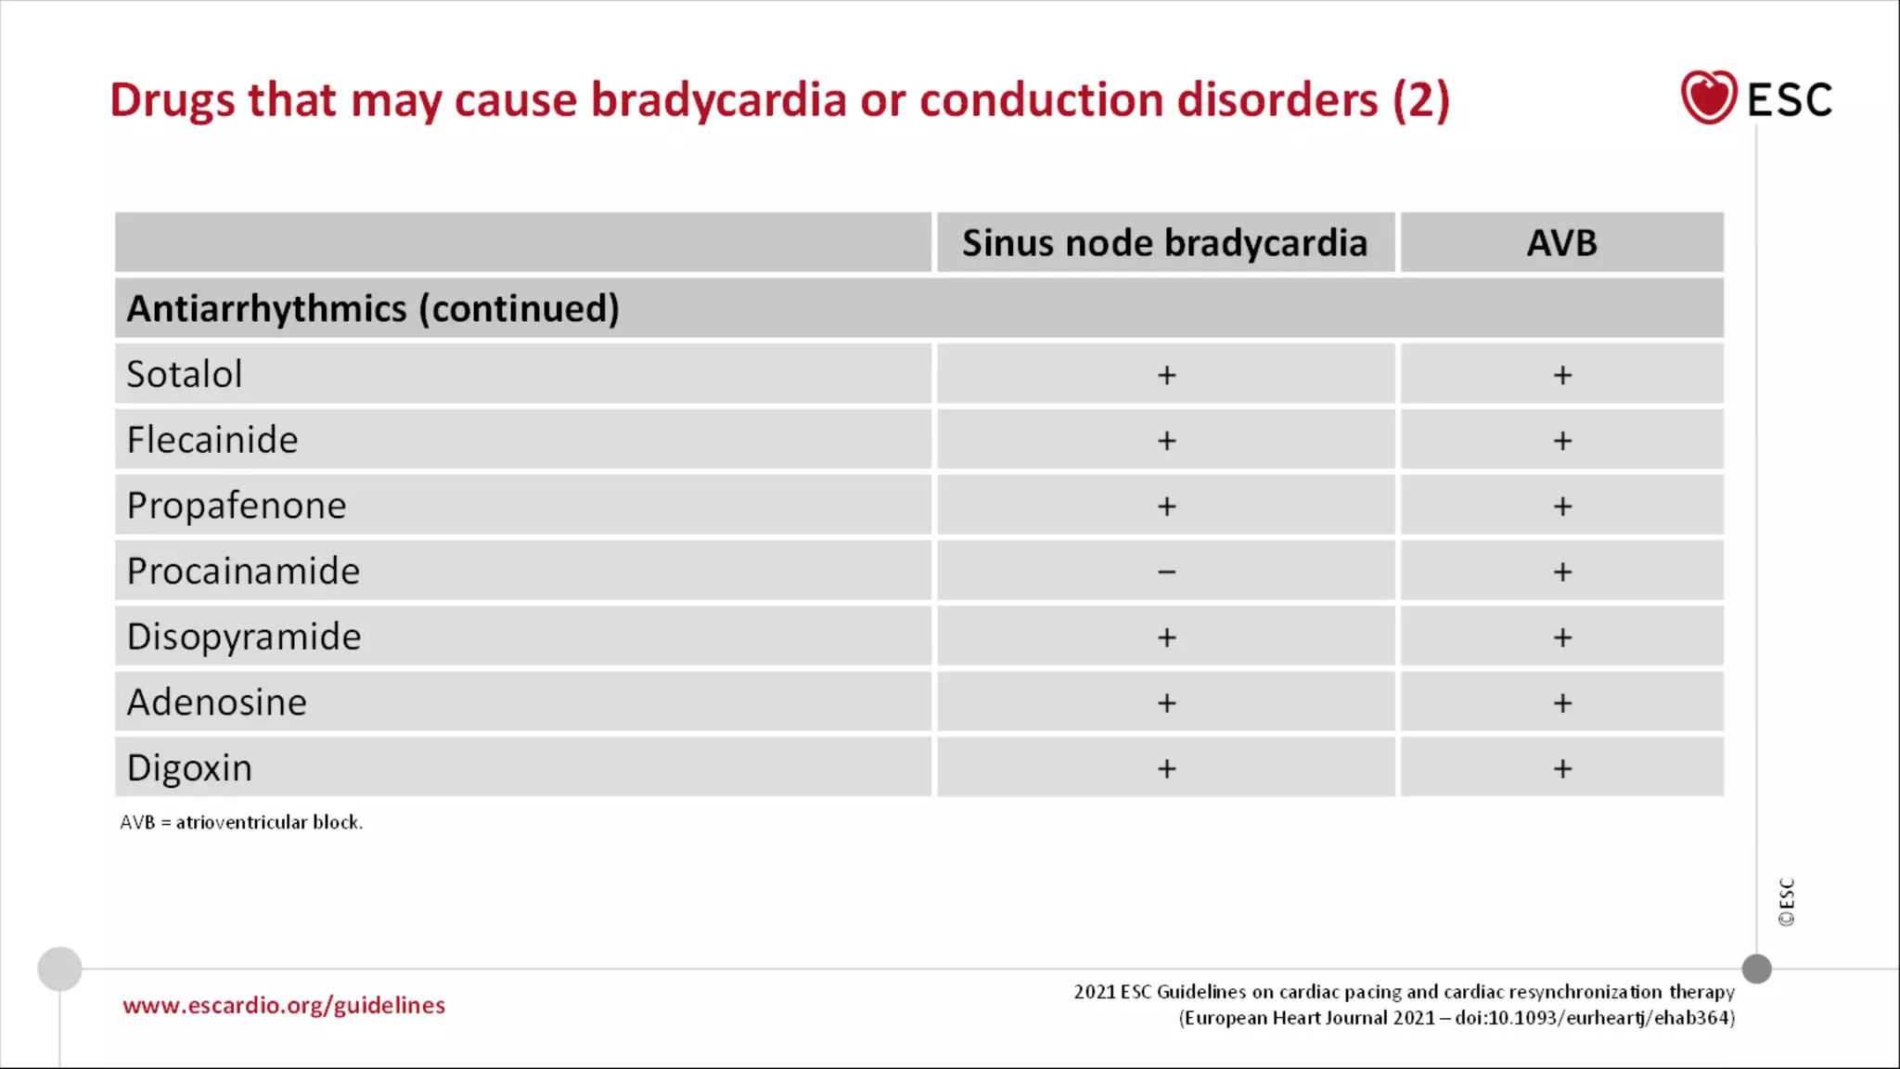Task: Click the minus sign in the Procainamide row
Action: pos(1166,572)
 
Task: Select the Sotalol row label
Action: pos(184,374)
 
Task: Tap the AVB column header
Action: pos(1561,243)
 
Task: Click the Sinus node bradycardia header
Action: pos(1164,243)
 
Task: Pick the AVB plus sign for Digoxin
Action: pos(1562,768)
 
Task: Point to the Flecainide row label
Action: pos(212,440)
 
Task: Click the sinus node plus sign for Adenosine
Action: pos(1166,702)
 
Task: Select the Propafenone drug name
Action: pos(237,506)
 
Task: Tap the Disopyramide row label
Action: pos(244,637)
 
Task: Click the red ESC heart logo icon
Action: pos(1708,97)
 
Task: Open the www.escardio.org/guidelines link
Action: pos(284,1005)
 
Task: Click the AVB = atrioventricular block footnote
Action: pos(241,822)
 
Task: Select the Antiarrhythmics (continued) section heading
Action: pos(373,308)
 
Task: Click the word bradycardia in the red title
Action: pos(719,100)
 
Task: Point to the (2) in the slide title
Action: pos(1420,100)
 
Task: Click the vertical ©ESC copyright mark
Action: pos(1786,902)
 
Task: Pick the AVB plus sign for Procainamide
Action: pos(1562,572)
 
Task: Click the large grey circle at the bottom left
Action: pos(59,969)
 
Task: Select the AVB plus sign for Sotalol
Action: pos(1562,375)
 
